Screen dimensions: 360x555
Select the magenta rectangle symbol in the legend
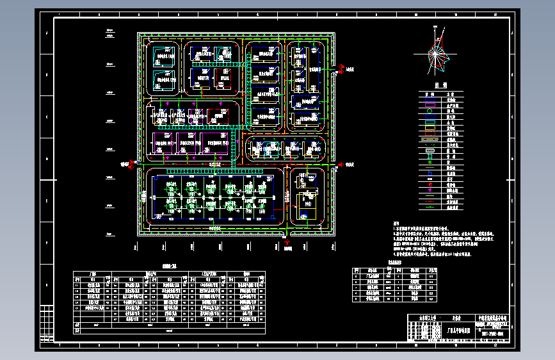(x=431, y=101)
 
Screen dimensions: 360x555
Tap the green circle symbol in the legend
(x=431, y=111)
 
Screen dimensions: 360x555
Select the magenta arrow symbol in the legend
(x=431, y=190)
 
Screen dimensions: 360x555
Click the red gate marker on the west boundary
(x=126, y=165)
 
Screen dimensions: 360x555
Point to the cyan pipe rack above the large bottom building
(x=192, y=172)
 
